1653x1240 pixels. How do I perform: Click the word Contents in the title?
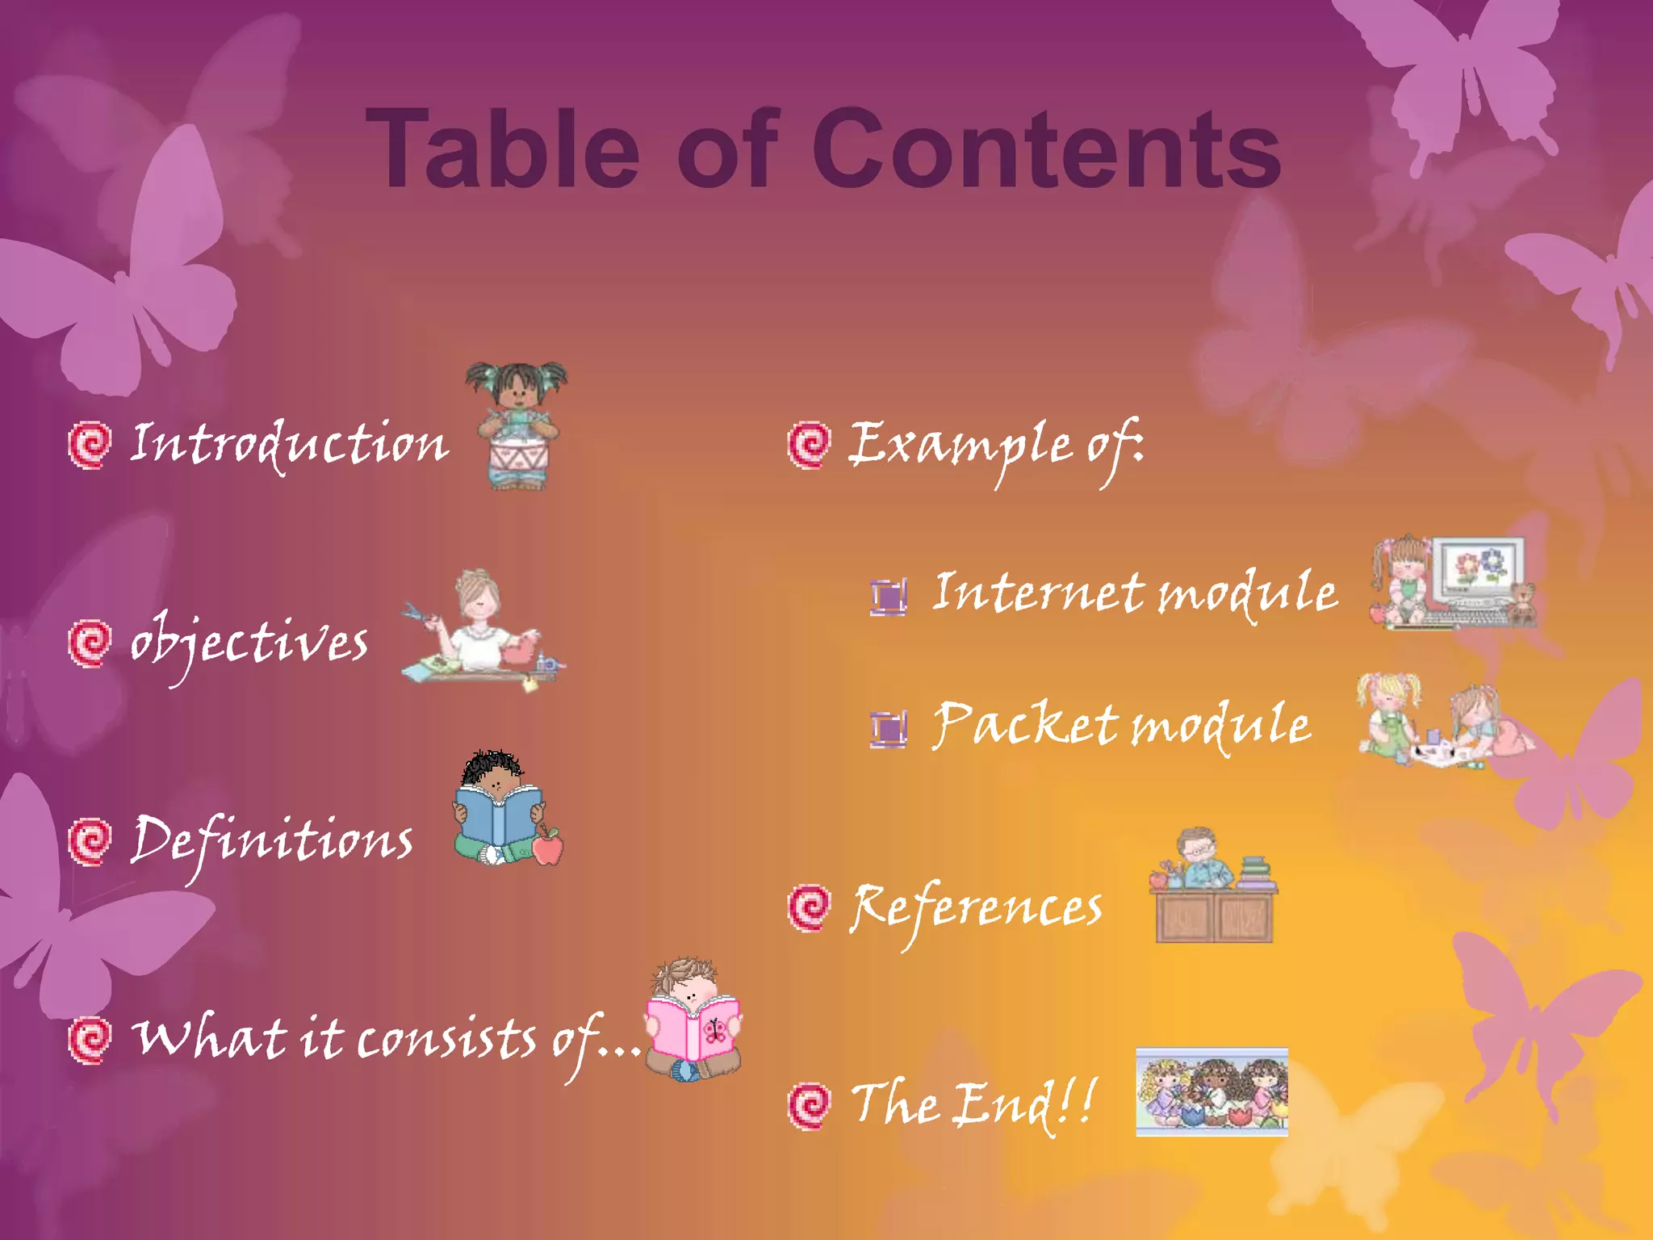tap(1046, 149)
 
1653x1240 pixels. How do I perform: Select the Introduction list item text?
tap(289, 444)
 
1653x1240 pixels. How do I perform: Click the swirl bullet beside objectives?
tap(89, 643)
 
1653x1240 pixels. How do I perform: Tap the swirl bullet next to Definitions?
tap(89, 842)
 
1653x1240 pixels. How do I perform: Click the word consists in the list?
tap(446, 1039)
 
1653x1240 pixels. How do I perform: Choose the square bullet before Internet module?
tap(889, 597)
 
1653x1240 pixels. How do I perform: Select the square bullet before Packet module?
tap(889, 728)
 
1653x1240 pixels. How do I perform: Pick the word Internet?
tap(1038, 592)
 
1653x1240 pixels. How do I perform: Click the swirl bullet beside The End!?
tap(808, 1105)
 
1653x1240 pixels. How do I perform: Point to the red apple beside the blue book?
tap(548, 847)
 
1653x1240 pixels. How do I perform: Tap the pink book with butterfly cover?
tap(693, 1027)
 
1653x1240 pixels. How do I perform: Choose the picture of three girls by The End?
tap(1212, 1092)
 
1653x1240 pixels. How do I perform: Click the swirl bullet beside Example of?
tap(808, 444)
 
